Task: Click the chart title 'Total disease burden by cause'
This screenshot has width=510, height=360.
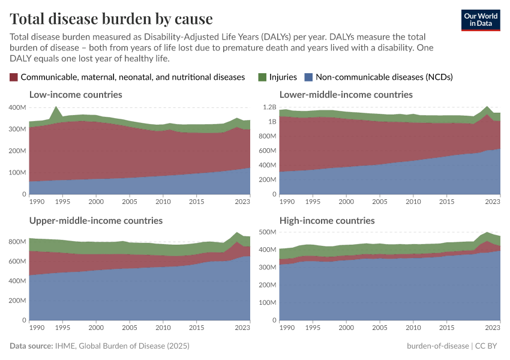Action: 111,19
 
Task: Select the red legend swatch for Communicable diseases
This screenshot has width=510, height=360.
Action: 14,77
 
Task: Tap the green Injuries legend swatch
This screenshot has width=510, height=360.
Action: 262,77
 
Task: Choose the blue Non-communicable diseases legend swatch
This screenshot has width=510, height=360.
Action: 308,77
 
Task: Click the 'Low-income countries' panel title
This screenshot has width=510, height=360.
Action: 76,95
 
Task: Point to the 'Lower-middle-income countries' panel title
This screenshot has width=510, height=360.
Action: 346,95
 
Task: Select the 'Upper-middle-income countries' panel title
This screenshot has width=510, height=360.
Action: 96,221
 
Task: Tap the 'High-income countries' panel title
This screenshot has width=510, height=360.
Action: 327,221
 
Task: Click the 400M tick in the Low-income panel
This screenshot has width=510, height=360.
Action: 17,107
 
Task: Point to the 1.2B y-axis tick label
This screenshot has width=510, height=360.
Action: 268,107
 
